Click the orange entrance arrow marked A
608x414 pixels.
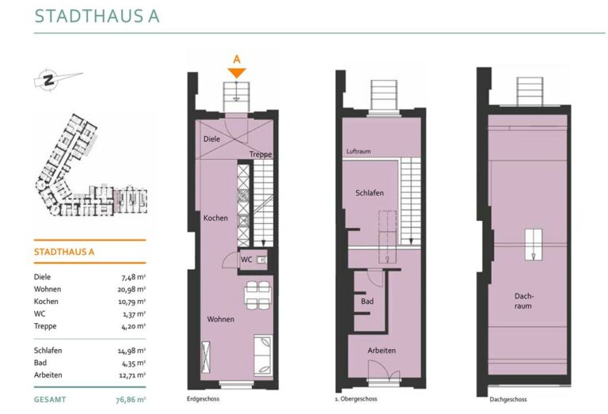coord(237,73)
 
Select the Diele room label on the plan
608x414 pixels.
coord(211,139)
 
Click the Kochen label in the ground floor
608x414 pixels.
coord(215,218)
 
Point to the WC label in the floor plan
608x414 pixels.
coord(246,260)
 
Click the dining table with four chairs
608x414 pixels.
coord(258,295)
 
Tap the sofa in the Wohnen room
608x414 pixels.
coord(263,355)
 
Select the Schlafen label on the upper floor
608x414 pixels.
coord(370,192)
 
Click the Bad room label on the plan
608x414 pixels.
coord(367,301)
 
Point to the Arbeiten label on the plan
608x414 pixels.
coord(382,351)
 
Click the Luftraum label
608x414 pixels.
coord(359,151)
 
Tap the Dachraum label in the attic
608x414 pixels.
coord(523,301)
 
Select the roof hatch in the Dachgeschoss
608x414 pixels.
coord(534,245)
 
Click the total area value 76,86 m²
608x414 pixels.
coord(131,400)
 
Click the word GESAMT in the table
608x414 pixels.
coord(50,399)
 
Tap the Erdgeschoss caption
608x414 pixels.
coord(203,398)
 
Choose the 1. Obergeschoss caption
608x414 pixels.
coord(355,398)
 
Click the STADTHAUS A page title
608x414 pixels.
coord(97,16)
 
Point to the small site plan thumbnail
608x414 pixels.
coord(92,165)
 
